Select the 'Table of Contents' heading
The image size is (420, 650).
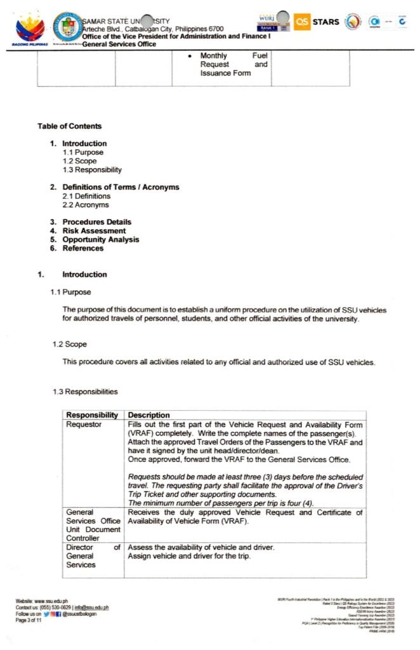tap(69, 126)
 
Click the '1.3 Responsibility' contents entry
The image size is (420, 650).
tap(92, 170)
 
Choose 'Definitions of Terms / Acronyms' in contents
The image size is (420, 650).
tap(121, 187)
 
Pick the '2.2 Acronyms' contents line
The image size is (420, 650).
tap(86, 205)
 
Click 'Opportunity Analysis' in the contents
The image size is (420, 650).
tap(100, 240)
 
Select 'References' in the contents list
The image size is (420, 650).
tap(82, 249)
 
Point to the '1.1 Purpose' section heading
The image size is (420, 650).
tap(71, 292)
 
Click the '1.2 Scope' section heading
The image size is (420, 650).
tap(70, 344)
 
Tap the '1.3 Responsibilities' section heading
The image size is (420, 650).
tap(85, 392)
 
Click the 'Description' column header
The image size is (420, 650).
tap(149, 416)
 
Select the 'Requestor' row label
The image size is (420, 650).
tap(84, 425)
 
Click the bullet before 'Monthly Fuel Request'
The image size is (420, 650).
tap(190, 56)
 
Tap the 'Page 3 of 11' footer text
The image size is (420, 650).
tap(31, 620)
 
